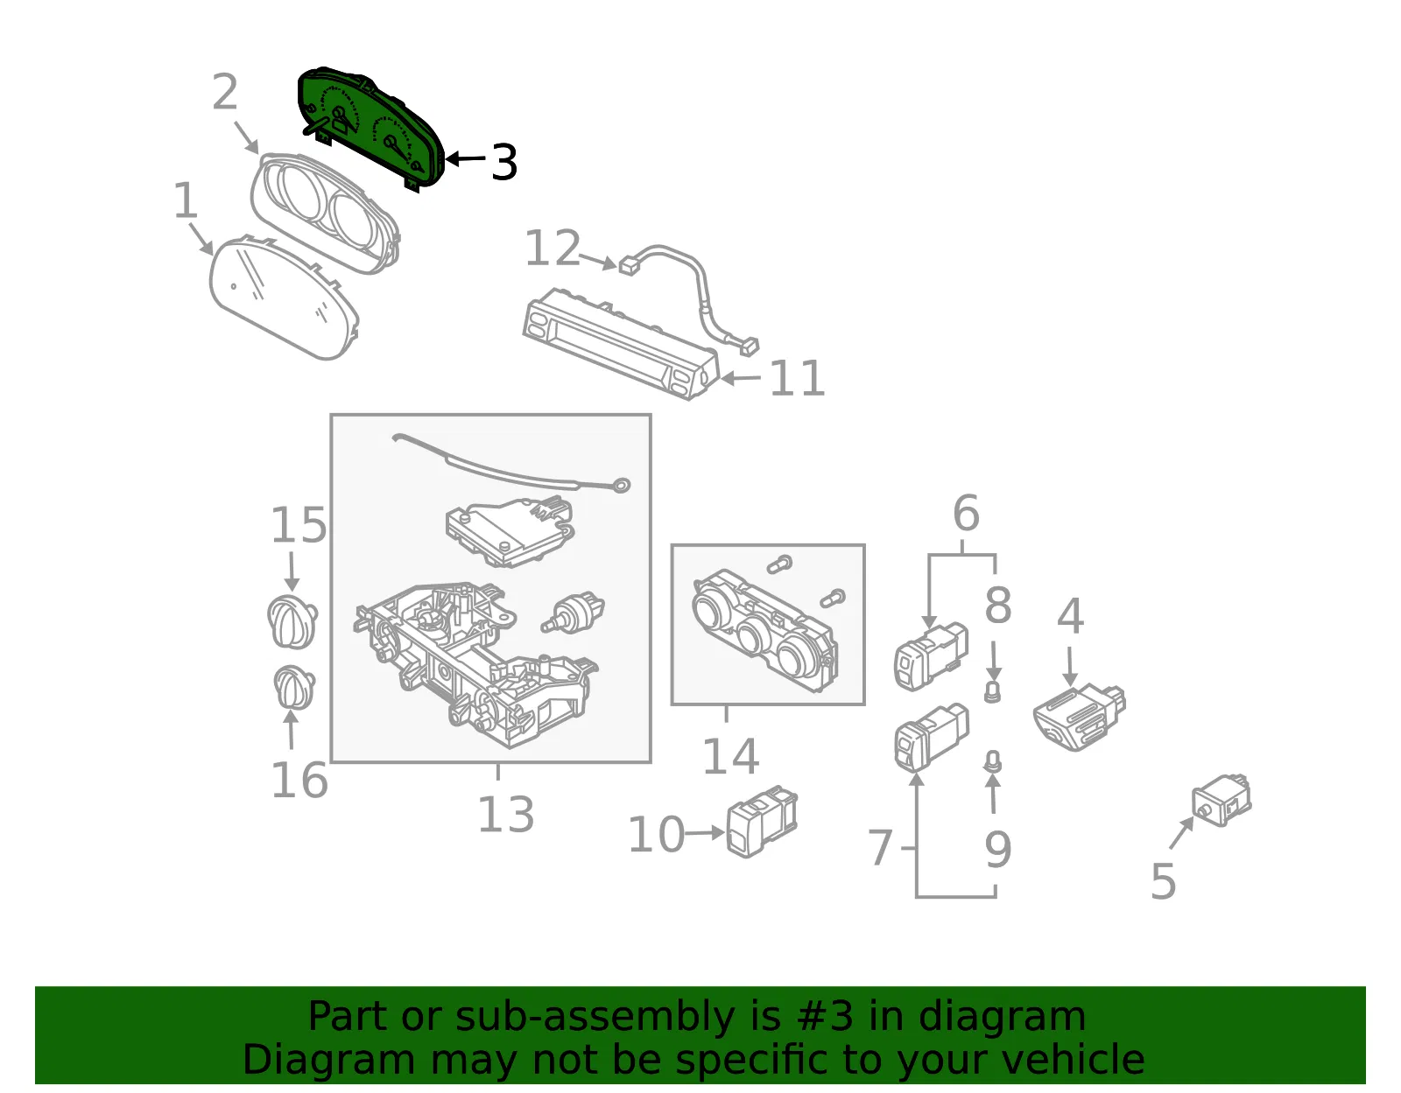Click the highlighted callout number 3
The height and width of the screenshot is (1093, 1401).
tap(503, 162)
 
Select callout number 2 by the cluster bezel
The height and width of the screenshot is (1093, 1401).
tap(225, 92)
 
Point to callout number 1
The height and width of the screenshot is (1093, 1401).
tap(186, 200)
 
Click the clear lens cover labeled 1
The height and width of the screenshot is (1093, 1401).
tap(284, 298)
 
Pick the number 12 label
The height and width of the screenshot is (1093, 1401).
tap(553, 248)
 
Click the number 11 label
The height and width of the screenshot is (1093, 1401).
tap(797, 378)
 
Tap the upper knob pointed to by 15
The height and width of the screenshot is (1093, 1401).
tap(292, 621)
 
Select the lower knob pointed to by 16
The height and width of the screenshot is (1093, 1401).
tap(294, 687)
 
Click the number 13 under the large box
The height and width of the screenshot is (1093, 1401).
tap(505, 815)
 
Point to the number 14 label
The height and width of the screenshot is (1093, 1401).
tap(730, 756)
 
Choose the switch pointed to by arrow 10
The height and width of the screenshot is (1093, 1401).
tap(762, 821)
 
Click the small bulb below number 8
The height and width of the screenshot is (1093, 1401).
tap(993, 691)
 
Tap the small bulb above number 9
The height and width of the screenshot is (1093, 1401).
tap(993, 762)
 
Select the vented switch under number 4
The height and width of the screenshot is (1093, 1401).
tap(1080, 717)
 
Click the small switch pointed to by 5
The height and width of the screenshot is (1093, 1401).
tap(1221, 801)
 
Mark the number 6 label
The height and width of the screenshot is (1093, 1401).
tap(966, 514)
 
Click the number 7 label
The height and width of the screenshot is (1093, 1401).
tap(880, 848)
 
